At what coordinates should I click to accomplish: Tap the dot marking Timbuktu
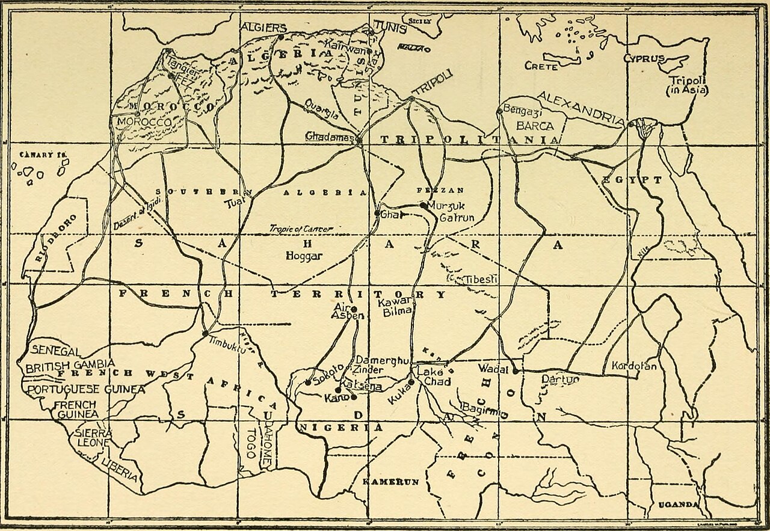pos(205,333)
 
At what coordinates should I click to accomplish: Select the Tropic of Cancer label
pos(300,229)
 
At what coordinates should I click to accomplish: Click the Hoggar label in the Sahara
pos(304,256)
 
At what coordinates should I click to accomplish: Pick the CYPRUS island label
pos(644,59)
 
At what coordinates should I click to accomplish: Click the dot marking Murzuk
pos(424,206)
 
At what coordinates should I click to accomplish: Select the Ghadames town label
pos(330,137)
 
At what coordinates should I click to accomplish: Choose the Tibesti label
pos(479,280)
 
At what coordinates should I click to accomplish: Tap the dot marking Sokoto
pos(308,382)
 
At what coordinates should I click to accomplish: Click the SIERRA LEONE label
pos(93,437)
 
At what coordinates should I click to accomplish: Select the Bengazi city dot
pos(499,111)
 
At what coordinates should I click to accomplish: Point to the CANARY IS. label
pos(42,155)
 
